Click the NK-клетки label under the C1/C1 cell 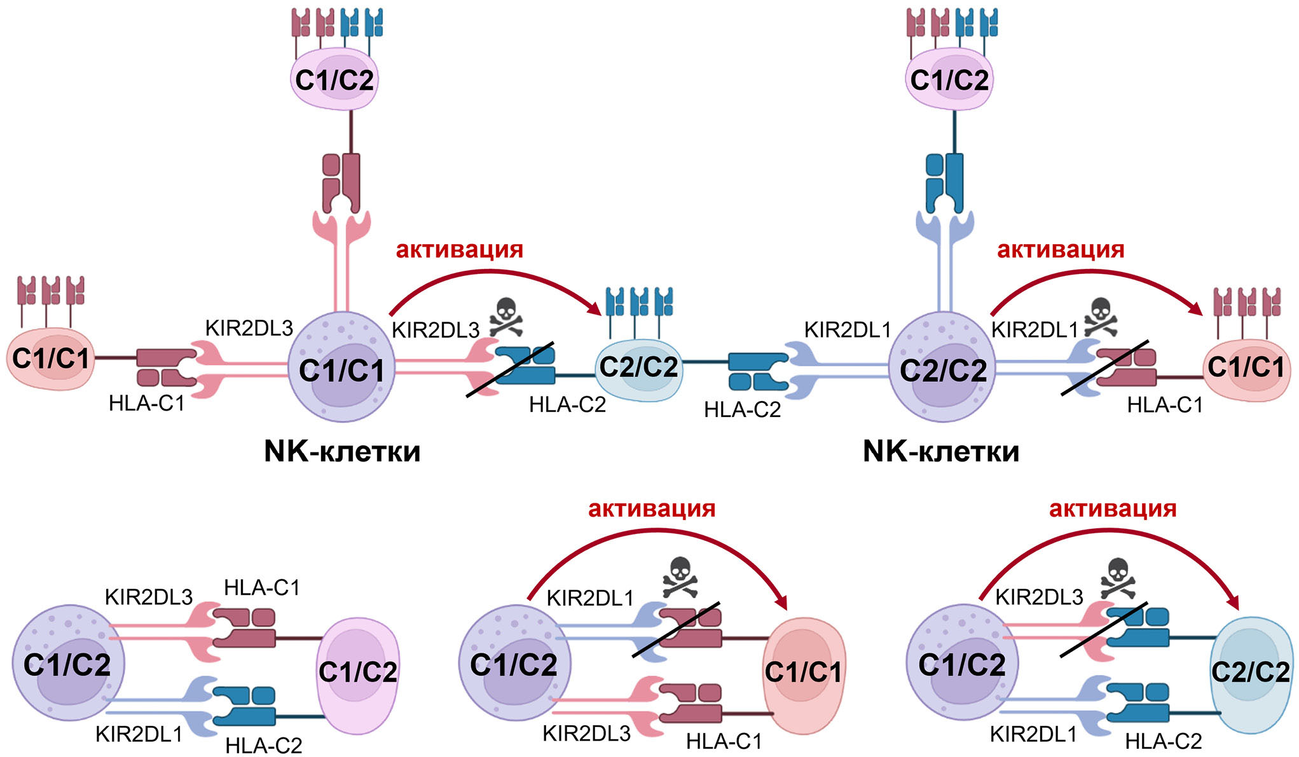[342, 451]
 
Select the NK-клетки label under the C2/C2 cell [941, 451]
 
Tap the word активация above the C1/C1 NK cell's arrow [459, 249]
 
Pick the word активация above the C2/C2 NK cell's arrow [1061, 249]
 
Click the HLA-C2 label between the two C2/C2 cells [742, 409]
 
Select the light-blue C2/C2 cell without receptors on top [1251, 674]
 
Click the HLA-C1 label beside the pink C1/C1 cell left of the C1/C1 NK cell [146, 403]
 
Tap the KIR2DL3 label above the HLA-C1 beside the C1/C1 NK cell [249, 328]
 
